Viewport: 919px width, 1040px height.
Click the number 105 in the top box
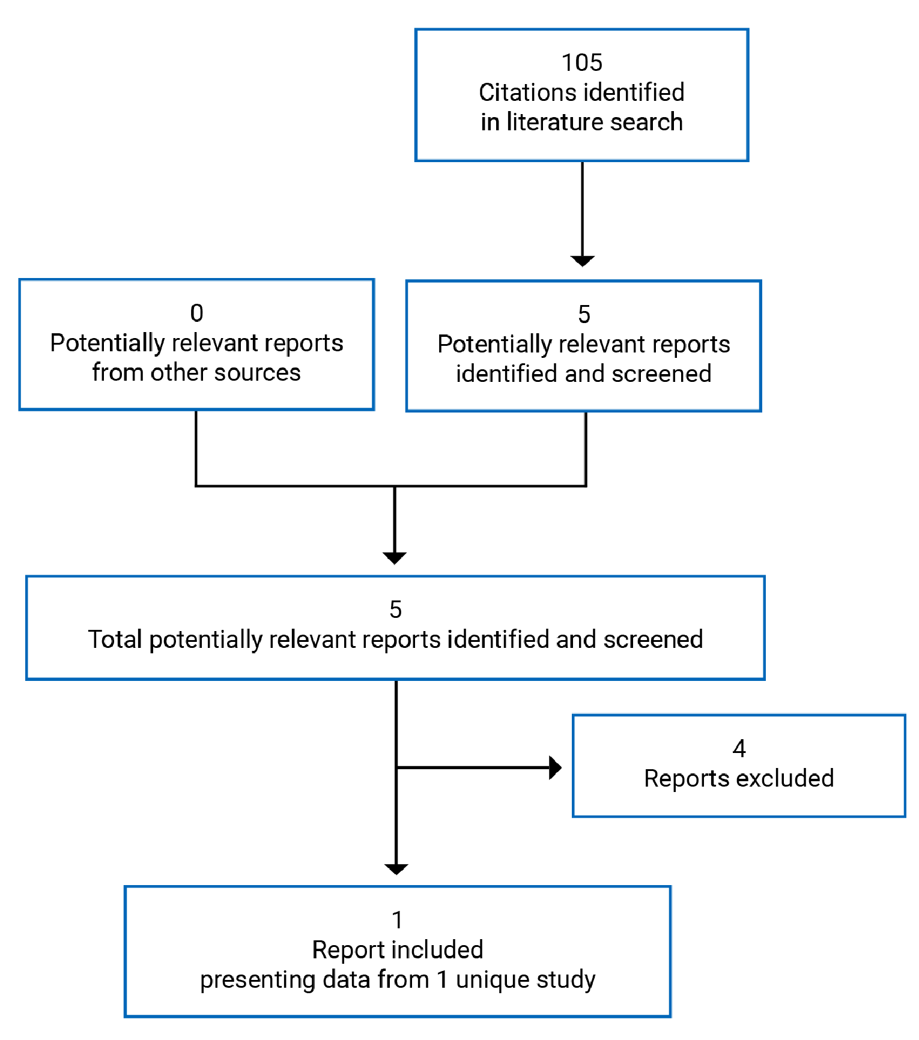click(581, 62)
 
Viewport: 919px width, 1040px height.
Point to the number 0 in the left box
click(196, 313)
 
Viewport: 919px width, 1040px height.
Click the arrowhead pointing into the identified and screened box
click(582, 261)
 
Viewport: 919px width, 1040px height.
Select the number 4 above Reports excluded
click(739, 748)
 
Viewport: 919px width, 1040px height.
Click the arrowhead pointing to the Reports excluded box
click(556, 767)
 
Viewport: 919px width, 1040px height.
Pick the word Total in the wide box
click(115, 639)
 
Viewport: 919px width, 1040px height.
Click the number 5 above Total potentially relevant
click(395, 609)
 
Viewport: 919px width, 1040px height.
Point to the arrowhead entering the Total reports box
click(395, 558)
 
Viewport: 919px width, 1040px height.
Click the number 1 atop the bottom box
click(397, 920)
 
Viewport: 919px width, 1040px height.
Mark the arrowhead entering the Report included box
click(396, 868)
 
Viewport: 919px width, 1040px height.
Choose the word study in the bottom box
click(566, 979)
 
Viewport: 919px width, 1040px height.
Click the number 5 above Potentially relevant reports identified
click(584, 314)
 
